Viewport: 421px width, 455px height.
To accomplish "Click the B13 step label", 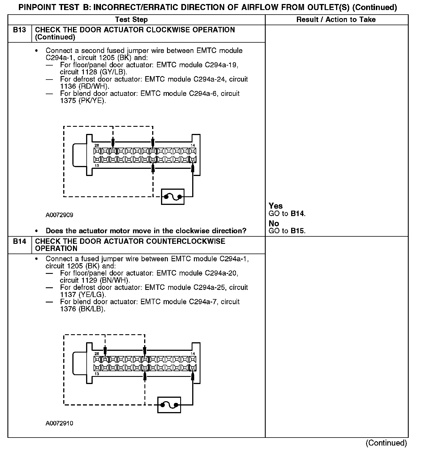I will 19,30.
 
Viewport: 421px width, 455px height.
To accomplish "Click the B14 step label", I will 19,241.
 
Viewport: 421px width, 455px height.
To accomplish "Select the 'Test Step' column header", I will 131,19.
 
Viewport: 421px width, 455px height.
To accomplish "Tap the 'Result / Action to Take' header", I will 336,19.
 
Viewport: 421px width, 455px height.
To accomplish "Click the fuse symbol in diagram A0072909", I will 173,197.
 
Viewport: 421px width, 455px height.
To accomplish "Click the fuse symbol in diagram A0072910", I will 169,405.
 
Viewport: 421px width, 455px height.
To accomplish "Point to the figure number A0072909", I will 59,215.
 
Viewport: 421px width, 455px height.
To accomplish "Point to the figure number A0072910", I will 59,423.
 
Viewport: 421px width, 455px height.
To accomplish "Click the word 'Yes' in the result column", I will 276,206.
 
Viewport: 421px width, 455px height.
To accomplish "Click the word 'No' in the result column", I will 274,223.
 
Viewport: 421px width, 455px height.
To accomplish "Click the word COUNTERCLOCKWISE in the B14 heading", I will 186,241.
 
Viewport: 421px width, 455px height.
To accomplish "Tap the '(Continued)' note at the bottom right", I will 386,443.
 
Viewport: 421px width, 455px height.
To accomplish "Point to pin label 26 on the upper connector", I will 97,145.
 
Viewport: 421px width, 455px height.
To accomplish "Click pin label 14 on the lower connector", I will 193,353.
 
